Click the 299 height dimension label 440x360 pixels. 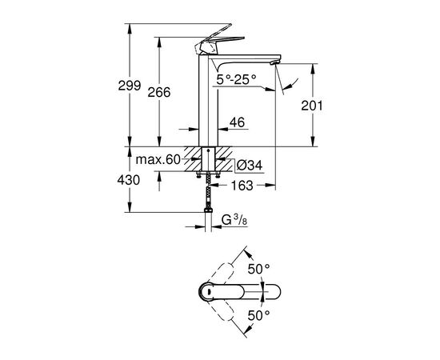coord(130,86)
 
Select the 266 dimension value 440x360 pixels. coord(159,92)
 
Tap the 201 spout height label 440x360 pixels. coord(312,106)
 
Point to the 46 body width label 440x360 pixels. coord(237,122)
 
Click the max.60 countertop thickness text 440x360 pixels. coord(158,160)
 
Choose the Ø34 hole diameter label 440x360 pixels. coord(249,166)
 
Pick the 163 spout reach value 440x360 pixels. coord(242,186)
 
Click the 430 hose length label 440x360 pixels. coord(129,180)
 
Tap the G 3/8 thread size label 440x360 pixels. coord(234,220)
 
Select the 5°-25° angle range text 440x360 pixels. coord(236,80)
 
